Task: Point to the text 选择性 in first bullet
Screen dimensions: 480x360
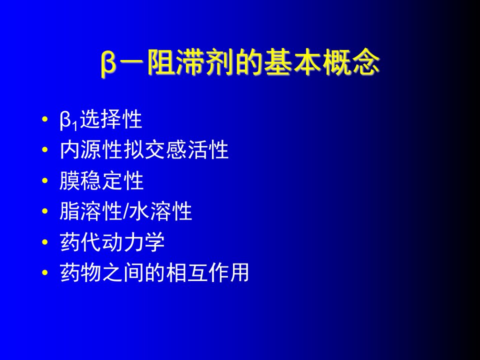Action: pyautogui.click(x=111, y=119)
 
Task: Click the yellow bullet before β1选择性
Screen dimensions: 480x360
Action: pyautogui.click(x=45, y=119)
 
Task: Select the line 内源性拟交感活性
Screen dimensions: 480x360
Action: pyautogui.click(x=144, y=149)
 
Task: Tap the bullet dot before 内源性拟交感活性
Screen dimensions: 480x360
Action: pyautogui.click(x=45, y=149)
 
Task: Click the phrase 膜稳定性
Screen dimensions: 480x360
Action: pyautogui.click(x=101, y=180)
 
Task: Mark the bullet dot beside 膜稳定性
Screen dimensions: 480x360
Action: pyautogui.click(x=45, y=180)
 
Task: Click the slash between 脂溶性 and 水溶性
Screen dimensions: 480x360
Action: pyautogui.click(x=126, y=211)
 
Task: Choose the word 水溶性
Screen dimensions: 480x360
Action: pyautogui.click(x=161, y=211)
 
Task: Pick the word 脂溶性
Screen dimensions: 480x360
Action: pyautogui.click(x=91, y=211)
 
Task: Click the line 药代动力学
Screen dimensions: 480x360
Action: pyautogui.click(x=112, y=242)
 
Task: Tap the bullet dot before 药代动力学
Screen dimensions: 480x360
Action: pyautogui.click(x=45, y=242)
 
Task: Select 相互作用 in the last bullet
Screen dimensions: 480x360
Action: pyautogui.click(x=207, y=272)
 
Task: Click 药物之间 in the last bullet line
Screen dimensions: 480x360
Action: pyautogui.click(x=101, y=272)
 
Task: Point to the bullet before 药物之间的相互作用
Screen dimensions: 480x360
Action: pyautogui.click(x=45, y=272)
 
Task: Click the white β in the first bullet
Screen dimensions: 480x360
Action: pyautogui.click(x=65, y=120)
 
